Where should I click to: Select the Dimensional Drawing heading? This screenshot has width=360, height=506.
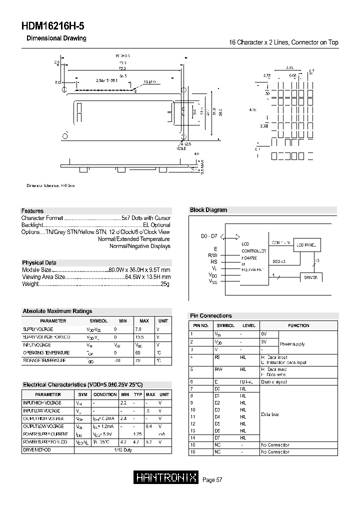56,38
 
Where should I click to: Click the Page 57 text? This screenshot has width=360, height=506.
212,480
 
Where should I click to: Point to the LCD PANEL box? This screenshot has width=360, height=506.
306,245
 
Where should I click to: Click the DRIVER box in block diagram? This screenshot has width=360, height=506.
310,277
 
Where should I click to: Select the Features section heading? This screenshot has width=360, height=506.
32,211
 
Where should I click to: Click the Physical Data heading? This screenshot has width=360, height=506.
39,262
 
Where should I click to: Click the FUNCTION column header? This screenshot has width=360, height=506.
298,325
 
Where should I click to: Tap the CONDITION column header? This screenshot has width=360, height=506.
105,394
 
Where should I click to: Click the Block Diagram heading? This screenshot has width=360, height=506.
208,210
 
